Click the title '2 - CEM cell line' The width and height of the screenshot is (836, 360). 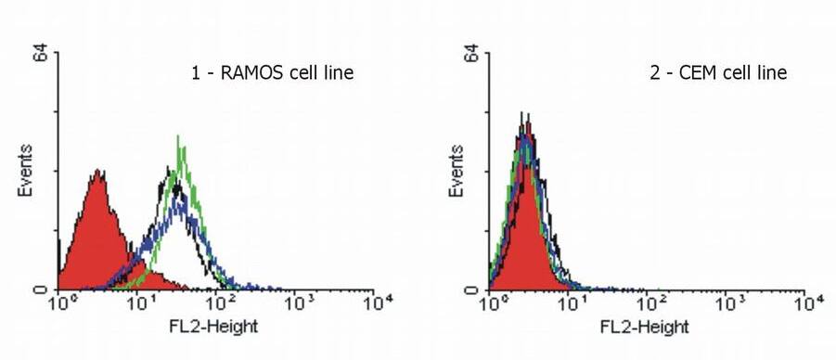point(718,72)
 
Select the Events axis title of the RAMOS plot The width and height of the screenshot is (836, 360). point(27,171)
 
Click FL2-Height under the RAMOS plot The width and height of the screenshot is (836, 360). point(219,327)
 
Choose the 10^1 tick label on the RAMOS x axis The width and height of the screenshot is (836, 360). point(139,303)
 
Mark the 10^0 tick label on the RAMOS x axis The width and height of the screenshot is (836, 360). point(61,303)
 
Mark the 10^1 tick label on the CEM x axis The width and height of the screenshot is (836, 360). point(570,303)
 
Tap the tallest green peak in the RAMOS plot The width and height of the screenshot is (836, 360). point(178,136)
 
